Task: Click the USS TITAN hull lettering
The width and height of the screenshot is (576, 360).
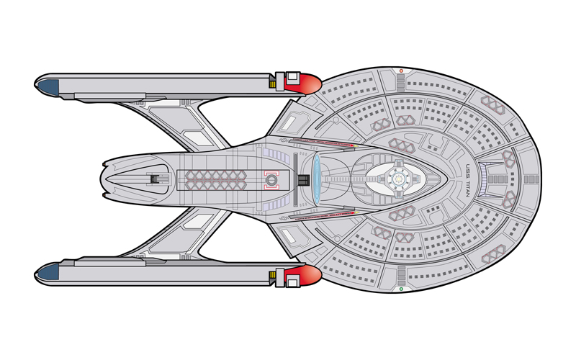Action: [x=467, y=180]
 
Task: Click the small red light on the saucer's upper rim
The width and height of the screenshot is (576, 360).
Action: [x=401, y=71]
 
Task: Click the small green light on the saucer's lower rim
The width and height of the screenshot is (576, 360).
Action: [x=401, y=289]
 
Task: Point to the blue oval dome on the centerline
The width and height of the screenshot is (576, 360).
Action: [x=316, y=179]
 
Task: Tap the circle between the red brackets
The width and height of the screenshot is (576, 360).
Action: [x=271, y=179]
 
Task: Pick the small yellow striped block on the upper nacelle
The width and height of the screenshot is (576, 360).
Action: [x=272, y=84]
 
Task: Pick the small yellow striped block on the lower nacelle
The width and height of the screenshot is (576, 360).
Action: [x=272, y=274]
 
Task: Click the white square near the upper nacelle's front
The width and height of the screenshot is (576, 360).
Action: [x=292, y=77]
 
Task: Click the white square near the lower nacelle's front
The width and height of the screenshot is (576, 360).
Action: [x=292, y=282]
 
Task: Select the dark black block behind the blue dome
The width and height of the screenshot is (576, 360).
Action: [x=303, y=180]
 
